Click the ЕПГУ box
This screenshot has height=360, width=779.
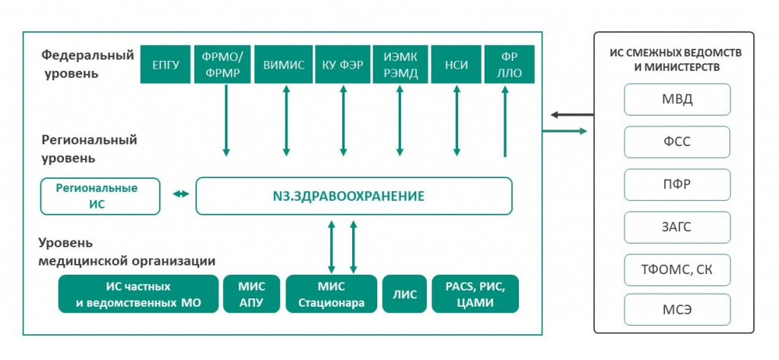[165, 65]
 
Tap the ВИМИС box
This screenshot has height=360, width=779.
[285, 65]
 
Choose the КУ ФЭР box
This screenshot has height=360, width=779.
[342, 65]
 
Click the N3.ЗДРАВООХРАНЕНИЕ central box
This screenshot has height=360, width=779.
[354, 196]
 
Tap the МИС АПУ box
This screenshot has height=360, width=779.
[251, 295]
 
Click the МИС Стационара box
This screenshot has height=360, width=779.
[331, 295]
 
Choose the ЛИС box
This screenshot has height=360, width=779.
[404, 295]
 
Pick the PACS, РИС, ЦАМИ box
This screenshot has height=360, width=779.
[475, 295]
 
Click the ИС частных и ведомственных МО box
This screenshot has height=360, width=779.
[138, 295]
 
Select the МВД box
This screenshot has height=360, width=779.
[677, 100]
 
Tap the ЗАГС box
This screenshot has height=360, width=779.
[677, 227]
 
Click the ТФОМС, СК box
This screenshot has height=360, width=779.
[677, 269]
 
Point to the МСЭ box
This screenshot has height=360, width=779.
[677, 311]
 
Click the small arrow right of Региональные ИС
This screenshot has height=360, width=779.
[180, 195]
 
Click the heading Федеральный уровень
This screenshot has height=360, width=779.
[87, 64]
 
